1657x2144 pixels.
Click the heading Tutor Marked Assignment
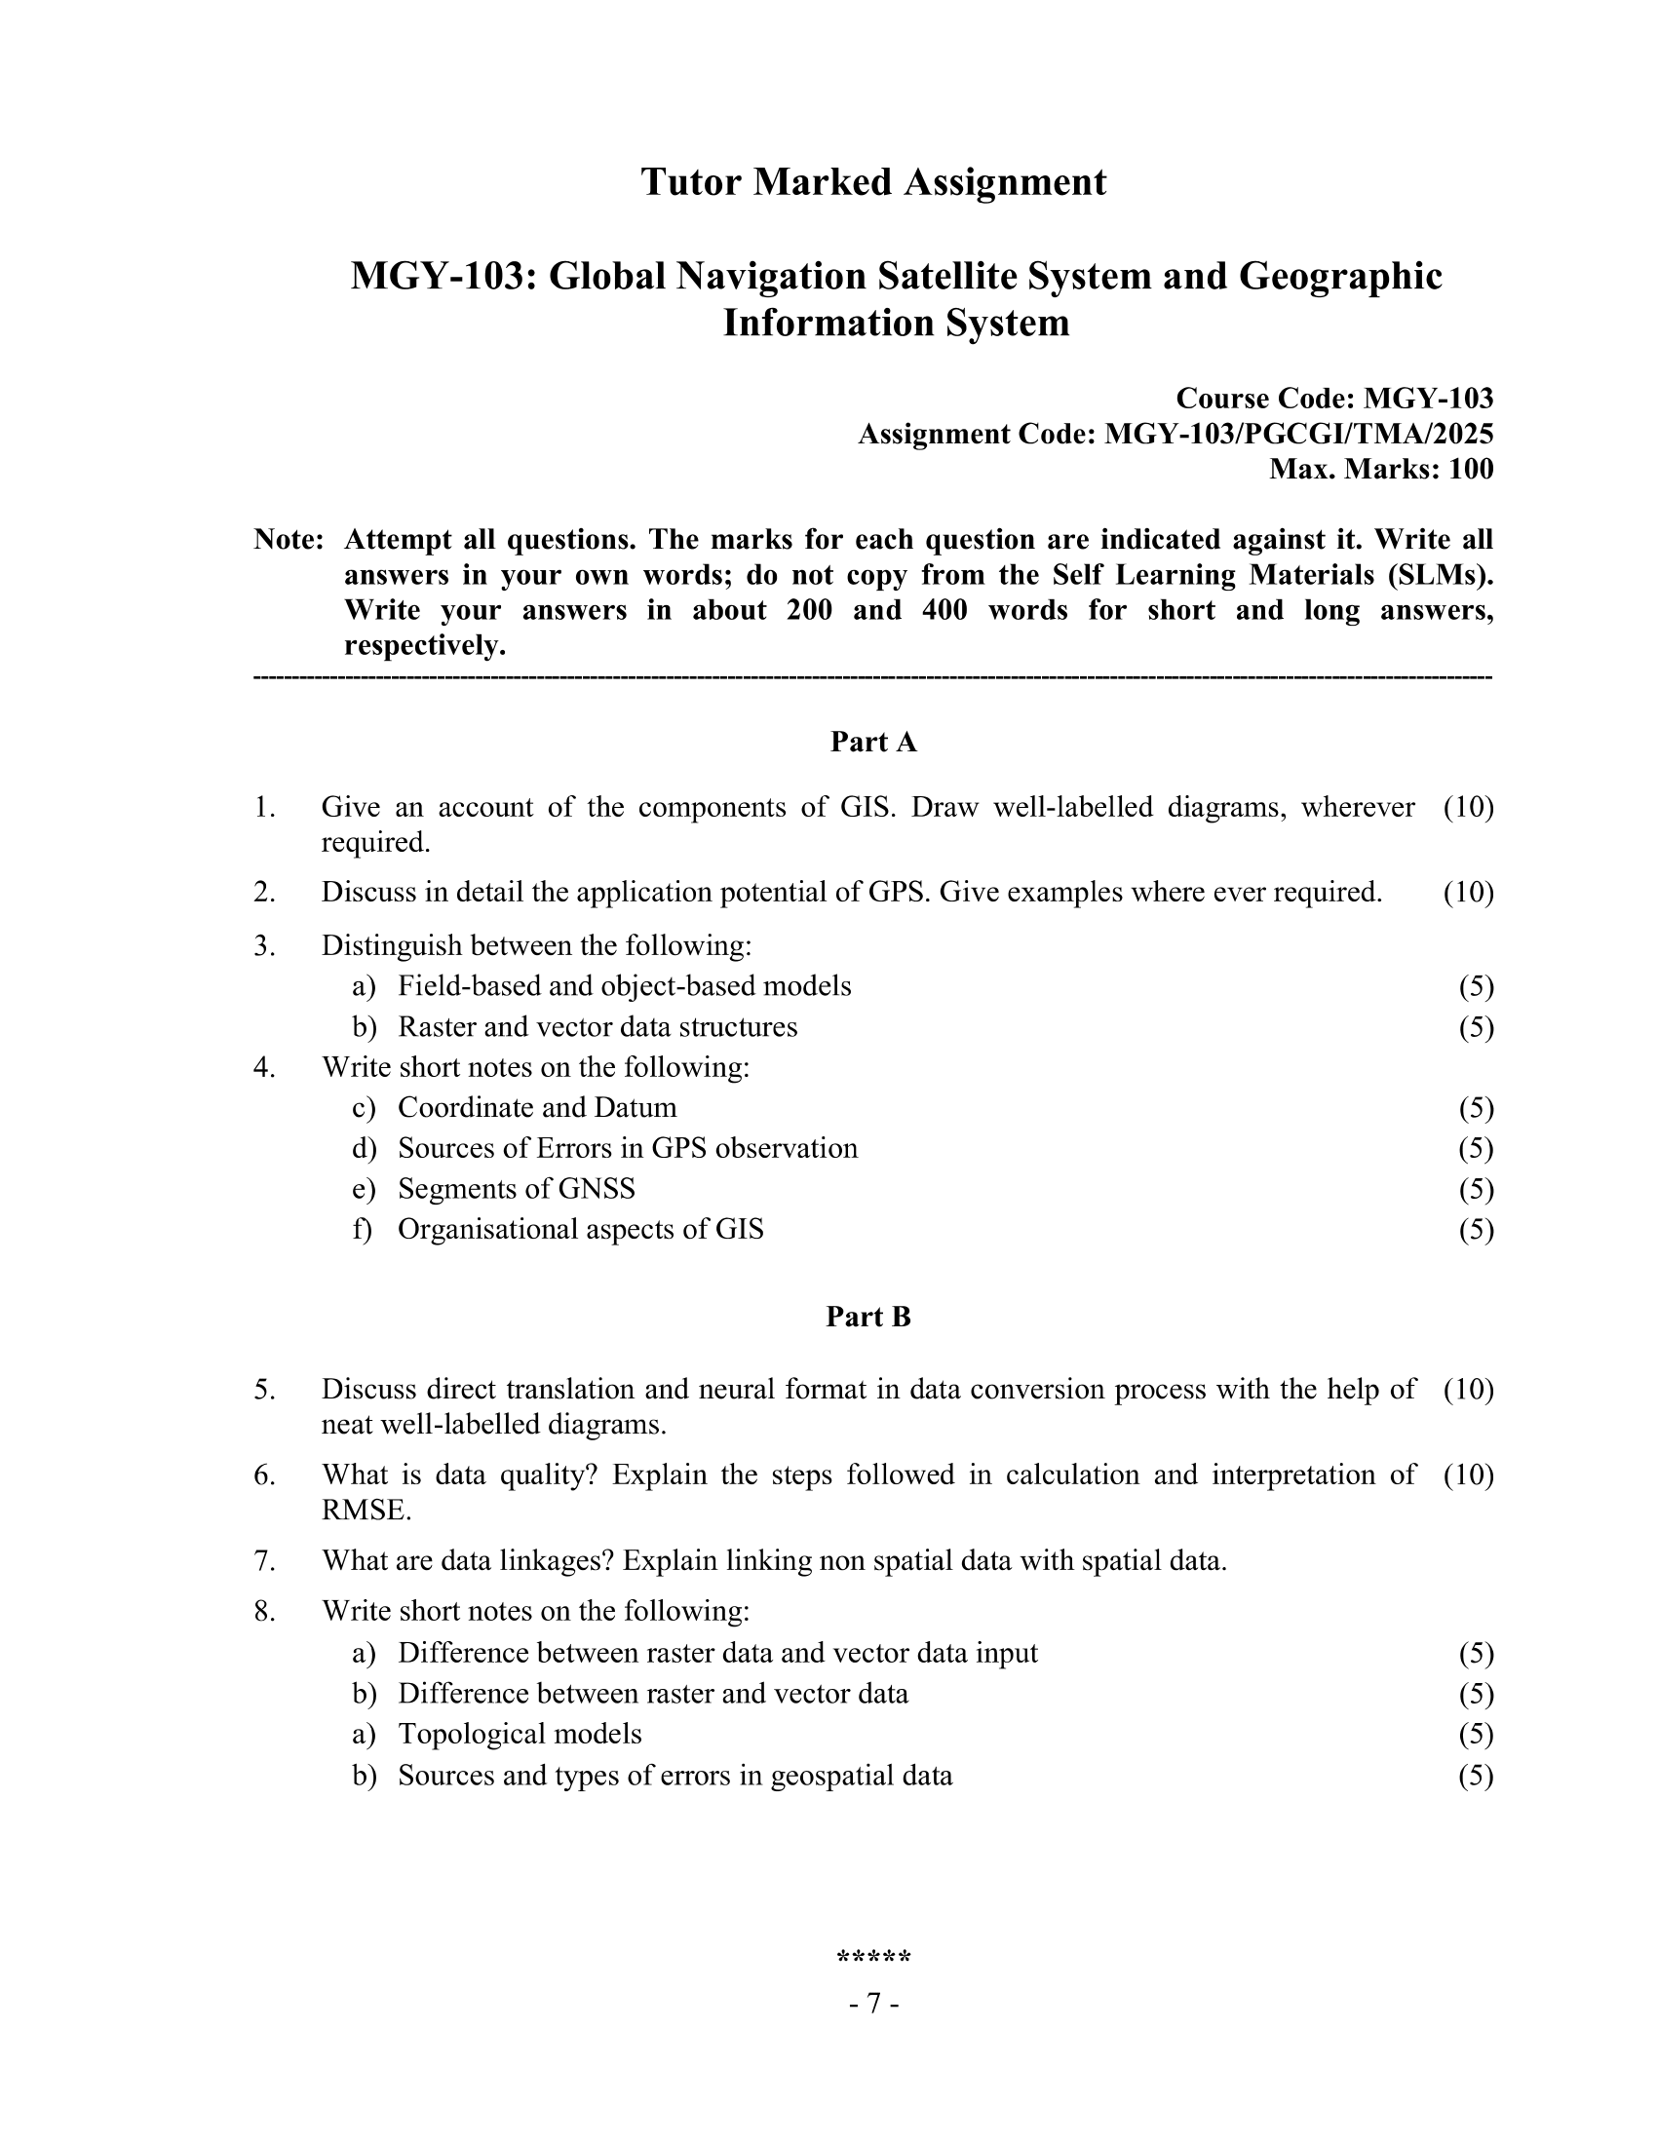point(872,182)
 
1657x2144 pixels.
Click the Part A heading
point(872,743)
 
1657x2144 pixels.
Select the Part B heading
point(867,1317)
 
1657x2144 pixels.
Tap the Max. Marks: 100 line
point(1380,470)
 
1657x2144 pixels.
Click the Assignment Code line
point(1175,434)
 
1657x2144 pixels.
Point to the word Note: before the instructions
point(289,540)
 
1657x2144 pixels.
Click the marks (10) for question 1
point(1468,807)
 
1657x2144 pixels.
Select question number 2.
point(264,893)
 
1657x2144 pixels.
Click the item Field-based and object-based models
point(625,985)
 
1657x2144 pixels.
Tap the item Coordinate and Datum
point(537,1107)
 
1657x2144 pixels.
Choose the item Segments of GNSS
point(517,1189)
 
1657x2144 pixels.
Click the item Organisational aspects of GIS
point(580,1229)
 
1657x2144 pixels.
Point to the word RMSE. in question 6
point(366,1510)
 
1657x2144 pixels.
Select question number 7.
point(264,1561)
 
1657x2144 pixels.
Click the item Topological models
point(520,1734)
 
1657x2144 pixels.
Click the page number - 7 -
point(872,2003)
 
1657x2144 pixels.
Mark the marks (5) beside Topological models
point(1476,1734)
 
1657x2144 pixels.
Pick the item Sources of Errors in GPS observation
point(628,1148)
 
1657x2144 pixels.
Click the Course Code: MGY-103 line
point(1334,399)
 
